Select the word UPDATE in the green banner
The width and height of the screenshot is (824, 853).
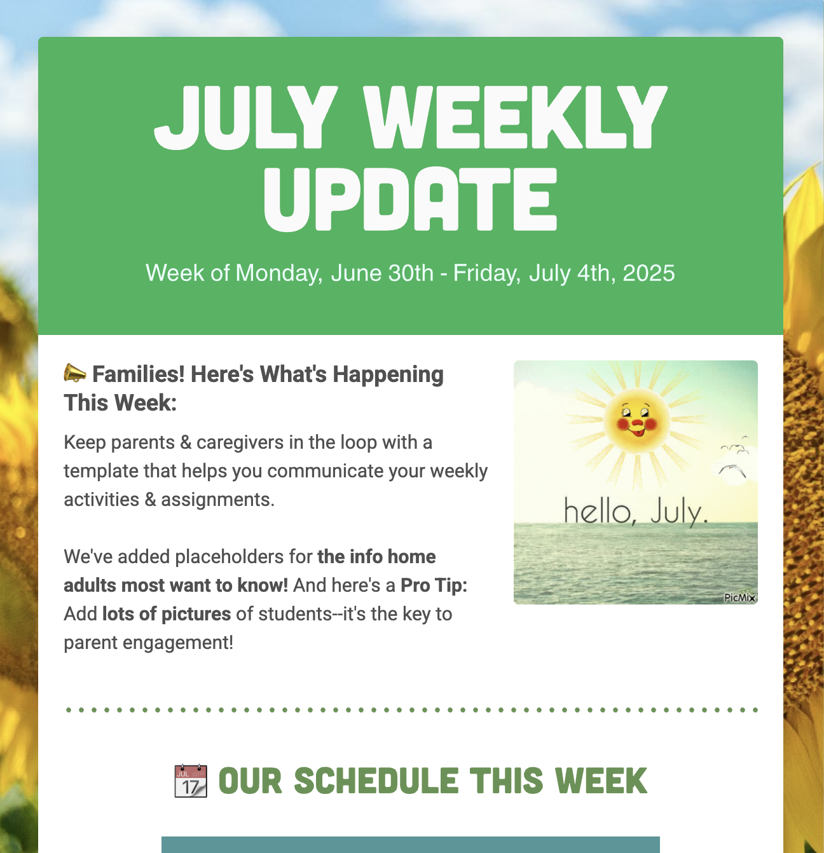click(x=410, y=199)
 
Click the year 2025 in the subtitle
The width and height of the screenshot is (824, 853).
click(x=649, y=273)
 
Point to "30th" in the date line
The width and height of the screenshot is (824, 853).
click(x=411, y=273)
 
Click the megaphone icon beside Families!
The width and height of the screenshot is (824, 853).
click(x=75, y=373)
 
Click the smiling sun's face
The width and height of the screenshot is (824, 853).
click(x=636, y=420)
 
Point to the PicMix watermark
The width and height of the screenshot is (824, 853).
click(x=739, y=597)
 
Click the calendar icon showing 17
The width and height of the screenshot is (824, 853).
click(x=190, y=781)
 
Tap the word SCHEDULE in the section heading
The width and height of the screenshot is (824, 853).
click(x=376, y=781)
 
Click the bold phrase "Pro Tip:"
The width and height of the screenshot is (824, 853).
click(x=434, y=585)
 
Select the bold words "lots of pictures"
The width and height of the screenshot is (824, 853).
click(x=167, y=614)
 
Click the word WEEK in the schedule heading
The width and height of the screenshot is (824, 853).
click(x=601, y=781)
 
